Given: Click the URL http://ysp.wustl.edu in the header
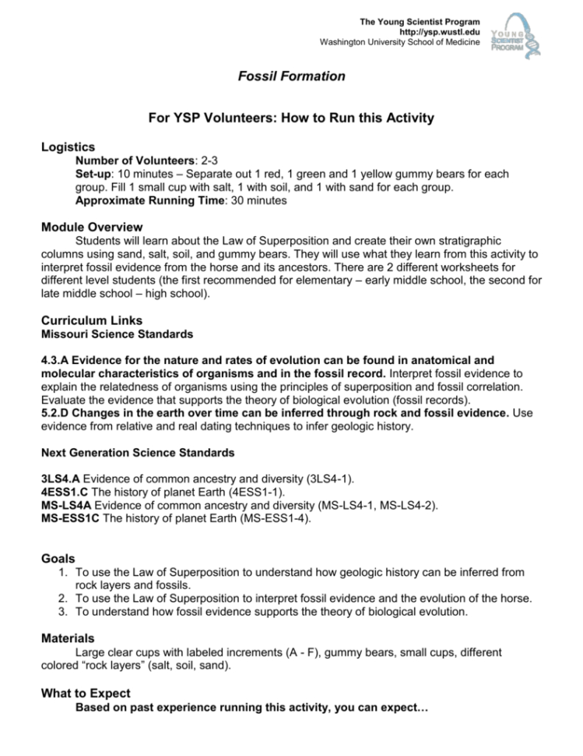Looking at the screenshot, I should coord(439,32).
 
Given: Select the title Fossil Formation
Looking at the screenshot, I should coord(291,76).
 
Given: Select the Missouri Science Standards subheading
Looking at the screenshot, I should coord(106,334).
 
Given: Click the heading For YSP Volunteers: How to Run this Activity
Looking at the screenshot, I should coord(291,118).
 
